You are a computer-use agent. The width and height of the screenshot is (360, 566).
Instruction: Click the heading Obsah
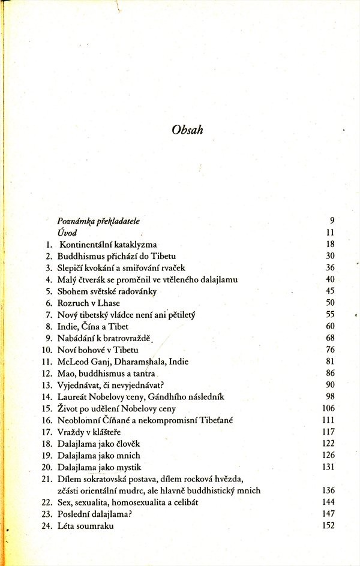(x=187, y=130)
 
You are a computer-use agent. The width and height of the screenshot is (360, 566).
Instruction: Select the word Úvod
(x=67, y=233)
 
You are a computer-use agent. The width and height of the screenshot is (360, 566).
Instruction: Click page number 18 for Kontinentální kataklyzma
(x=329, y=244)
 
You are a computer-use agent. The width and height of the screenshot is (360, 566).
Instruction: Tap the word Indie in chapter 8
(x=67, y=326)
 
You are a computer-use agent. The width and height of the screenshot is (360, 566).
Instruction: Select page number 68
(x=329, y=338)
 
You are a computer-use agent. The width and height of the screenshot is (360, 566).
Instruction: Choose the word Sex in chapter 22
(x=64, y=502)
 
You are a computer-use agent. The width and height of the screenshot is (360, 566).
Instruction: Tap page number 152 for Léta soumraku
(x=328, y=526)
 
